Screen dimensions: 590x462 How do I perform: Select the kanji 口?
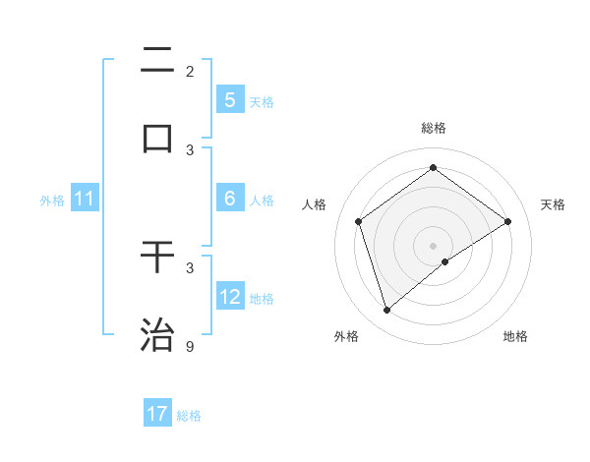click(157, 139)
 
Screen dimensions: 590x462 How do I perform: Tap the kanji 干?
click(157, 257)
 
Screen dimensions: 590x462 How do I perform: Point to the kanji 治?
click(157, 334)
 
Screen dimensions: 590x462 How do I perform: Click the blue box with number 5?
click(229, 99)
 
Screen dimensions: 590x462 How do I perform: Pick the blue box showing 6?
click(229, 199)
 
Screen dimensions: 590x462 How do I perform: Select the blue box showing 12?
click(229, 297)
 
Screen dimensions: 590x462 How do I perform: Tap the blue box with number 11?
click(84, 200)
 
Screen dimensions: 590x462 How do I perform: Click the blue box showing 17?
click(157, 414)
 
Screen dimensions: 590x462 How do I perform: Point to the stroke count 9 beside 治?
click(190, 346)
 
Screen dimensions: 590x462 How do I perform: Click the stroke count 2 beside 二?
click(190, 71)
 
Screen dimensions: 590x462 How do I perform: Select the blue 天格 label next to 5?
click(261, 101)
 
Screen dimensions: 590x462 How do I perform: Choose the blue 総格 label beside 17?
click(189, 416)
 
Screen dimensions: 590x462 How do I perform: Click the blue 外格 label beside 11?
click(52, 201)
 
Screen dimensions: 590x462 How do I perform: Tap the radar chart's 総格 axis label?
click(433, 128)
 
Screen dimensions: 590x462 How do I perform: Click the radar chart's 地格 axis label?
click(515, 336)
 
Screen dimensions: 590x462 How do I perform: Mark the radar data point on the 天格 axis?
click(507, 221)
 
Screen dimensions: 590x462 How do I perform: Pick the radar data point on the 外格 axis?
click(386, 311)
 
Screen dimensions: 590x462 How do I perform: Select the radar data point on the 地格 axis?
click(445, 261)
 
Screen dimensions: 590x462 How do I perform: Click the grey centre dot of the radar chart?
click(433, 244)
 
